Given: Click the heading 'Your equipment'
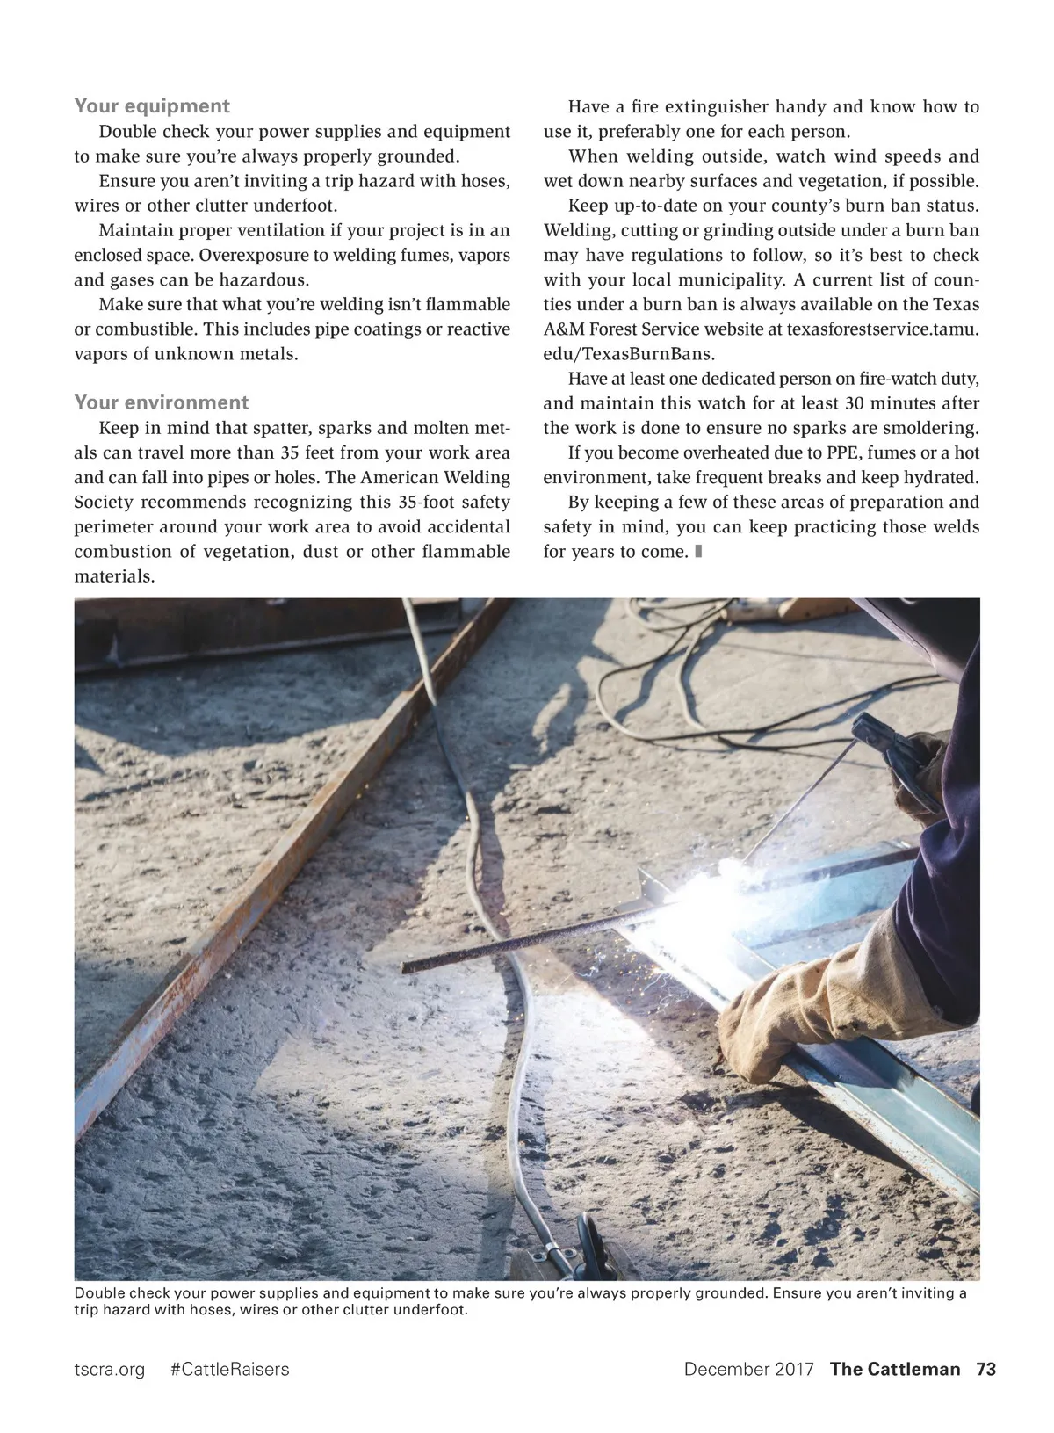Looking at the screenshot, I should click(x=151, y=106).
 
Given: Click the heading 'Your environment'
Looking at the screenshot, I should click(x=161, y=402).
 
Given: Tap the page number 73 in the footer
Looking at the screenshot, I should click(x=986, y=1369).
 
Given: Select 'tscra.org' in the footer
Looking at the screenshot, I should click(x=109, y=1369).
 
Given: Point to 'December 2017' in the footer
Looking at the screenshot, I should click(x=749, y=1369).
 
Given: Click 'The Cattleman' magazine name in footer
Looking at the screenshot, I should click(x=895, y=1369).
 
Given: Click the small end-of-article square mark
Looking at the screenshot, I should click(x=697, y=552).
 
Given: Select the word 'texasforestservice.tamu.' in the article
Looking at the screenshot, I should click(x=883, y=329).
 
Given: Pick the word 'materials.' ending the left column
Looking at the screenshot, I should click(x=114, y=576).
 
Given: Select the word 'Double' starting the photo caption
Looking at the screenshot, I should click(x=99, y=1293).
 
